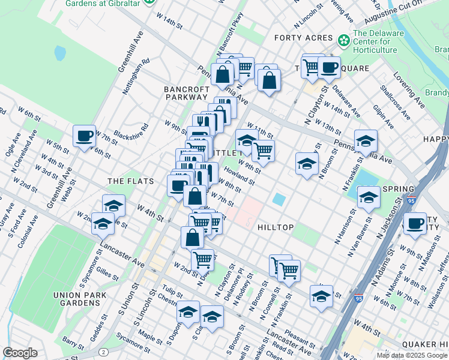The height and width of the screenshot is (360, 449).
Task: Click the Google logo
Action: click(20, 353)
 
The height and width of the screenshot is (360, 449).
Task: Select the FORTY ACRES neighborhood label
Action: click(303, 38)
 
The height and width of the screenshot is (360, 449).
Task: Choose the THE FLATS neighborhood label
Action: click(130, 181)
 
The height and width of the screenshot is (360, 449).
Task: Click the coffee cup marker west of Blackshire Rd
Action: click(85, 135)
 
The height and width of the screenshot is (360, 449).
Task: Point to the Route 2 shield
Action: click(104, 352)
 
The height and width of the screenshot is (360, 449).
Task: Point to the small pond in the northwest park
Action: click(60, 53)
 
